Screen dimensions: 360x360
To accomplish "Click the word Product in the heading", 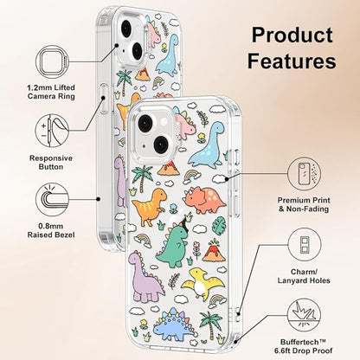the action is click(x=292, y=35).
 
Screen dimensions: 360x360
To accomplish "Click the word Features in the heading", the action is click(x=292, y=61).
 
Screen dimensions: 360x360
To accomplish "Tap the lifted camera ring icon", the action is click(x=52, y=61).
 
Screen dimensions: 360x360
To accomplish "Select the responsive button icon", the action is click(x=52, y=131).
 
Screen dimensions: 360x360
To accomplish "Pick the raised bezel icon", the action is click(x=52, y=200).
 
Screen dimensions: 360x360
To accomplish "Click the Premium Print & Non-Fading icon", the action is click(x=304, y=174).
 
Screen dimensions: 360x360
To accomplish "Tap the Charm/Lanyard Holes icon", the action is click(x=305, y=245).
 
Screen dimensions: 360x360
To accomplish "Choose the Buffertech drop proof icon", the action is click(x=304, y=315).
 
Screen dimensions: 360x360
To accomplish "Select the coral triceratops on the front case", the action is click(x=204, y=200).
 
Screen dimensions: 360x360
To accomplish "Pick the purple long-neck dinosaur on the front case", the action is click(x=145, y=276).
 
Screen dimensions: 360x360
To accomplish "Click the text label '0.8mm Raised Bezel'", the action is click(x=51, y=230).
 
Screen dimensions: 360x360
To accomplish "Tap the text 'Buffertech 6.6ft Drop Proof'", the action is click(x=304, y=346).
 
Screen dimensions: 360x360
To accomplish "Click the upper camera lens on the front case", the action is click(x=145, y=123).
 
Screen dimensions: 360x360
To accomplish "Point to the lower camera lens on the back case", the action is click(x=137, y=51).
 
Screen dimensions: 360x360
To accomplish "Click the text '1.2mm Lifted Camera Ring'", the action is click(x=51, y=92).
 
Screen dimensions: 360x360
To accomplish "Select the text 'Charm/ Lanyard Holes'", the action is click(x=304, y=276).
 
